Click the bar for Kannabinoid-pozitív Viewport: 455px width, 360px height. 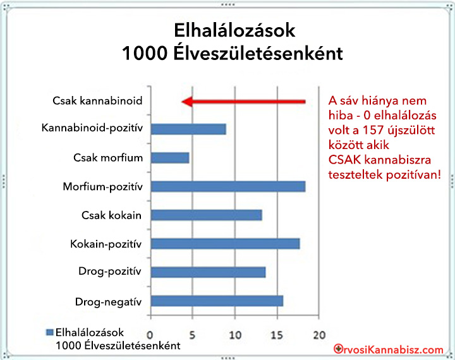(188, 129)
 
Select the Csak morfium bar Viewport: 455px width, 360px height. (170, 158)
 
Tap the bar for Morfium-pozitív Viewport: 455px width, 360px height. (228, 186)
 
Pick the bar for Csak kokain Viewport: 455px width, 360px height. (206, 215)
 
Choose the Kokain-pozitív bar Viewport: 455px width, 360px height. (225, 244)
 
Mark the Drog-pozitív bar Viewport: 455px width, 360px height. (208, 272)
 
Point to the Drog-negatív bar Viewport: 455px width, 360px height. (217, 301)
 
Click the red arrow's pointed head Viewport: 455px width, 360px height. (182, 102)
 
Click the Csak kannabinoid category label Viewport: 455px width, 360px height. (97, 101)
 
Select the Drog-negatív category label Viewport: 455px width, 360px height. (108, 302)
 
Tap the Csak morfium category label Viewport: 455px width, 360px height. (108, 158)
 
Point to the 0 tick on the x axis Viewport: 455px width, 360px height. (150, 335)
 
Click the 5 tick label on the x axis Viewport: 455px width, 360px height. (192, 335)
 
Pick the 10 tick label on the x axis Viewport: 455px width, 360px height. (235, 335)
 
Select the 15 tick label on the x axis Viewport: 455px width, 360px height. (277, 335)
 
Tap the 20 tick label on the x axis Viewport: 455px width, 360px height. (319, 335)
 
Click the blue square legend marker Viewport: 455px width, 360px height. (50, 332)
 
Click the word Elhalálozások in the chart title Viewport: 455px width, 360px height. (234, 30)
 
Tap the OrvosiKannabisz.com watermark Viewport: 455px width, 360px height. (389, 349)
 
